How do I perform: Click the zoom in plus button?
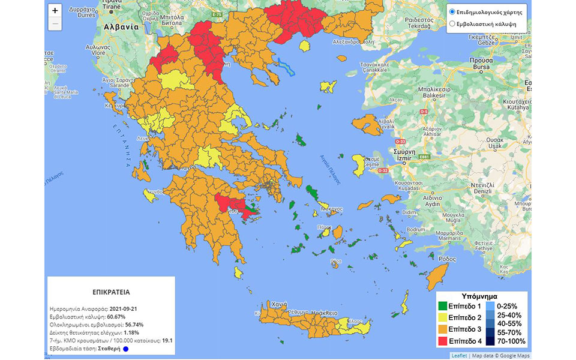click(x=55, y=11)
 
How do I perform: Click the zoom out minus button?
click(x=55, y=24)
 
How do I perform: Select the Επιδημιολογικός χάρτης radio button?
click(x=452, y=12)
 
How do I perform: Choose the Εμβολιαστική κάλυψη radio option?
click(x=452, y=24)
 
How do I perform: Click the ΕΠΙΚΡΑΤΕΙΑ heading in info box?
click(x=112, y=294)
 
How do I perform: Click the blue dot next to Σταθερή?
click(x=125, y=349)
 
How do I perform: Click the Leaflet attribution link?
click(x=458, y=355)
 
